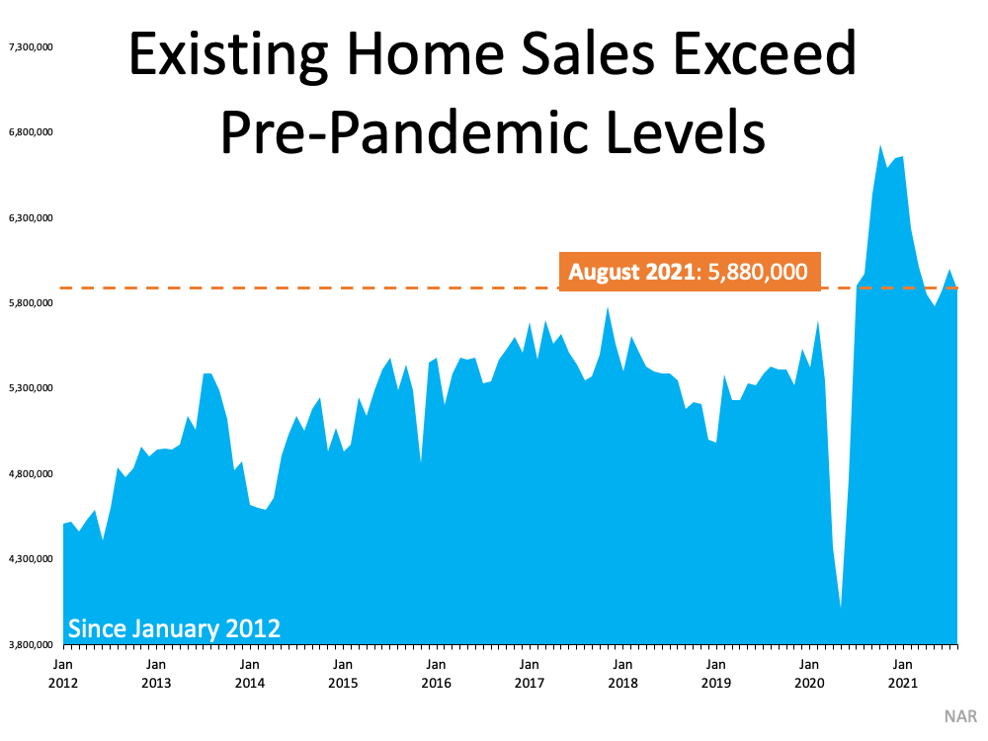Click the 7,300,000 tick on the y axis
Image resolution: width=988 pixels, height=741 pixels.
pos(29,46)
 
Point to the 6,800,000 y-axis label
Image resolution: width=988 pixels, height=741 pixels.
pos(29,131)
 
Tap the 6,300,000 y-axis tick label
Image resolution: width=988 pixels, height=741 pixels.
pos(29,217)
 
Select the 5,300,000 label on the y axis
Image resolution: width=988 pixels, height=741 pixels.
pos(29,388)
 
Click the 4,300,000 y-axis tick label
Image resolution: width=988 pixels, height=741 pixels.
pos(29,559)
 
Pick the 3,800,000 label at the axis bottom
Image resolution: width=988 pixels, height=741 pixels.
pos(29,644)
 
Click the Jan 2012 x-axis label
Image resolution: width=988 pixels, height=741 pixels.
pos(63,674)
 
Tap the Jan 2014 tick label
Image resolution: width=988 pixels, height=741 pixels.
pos(249,674)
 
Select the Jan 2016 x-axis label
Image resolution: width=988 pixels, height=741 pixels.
pos(436,674)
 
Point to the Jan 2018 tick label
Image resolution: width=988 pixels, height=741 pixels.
pos(622,674)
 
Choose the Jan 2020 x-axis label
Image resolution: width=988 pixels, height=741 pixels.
pos(809,674)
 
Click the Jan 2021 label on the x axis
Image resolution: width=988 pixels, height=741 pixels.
pos(902,674)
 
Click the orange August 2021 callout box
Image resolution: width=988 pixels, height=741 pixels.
pos(689,271)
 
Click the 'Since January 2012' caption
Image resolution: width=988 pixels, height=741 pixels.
pos(173,628)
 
